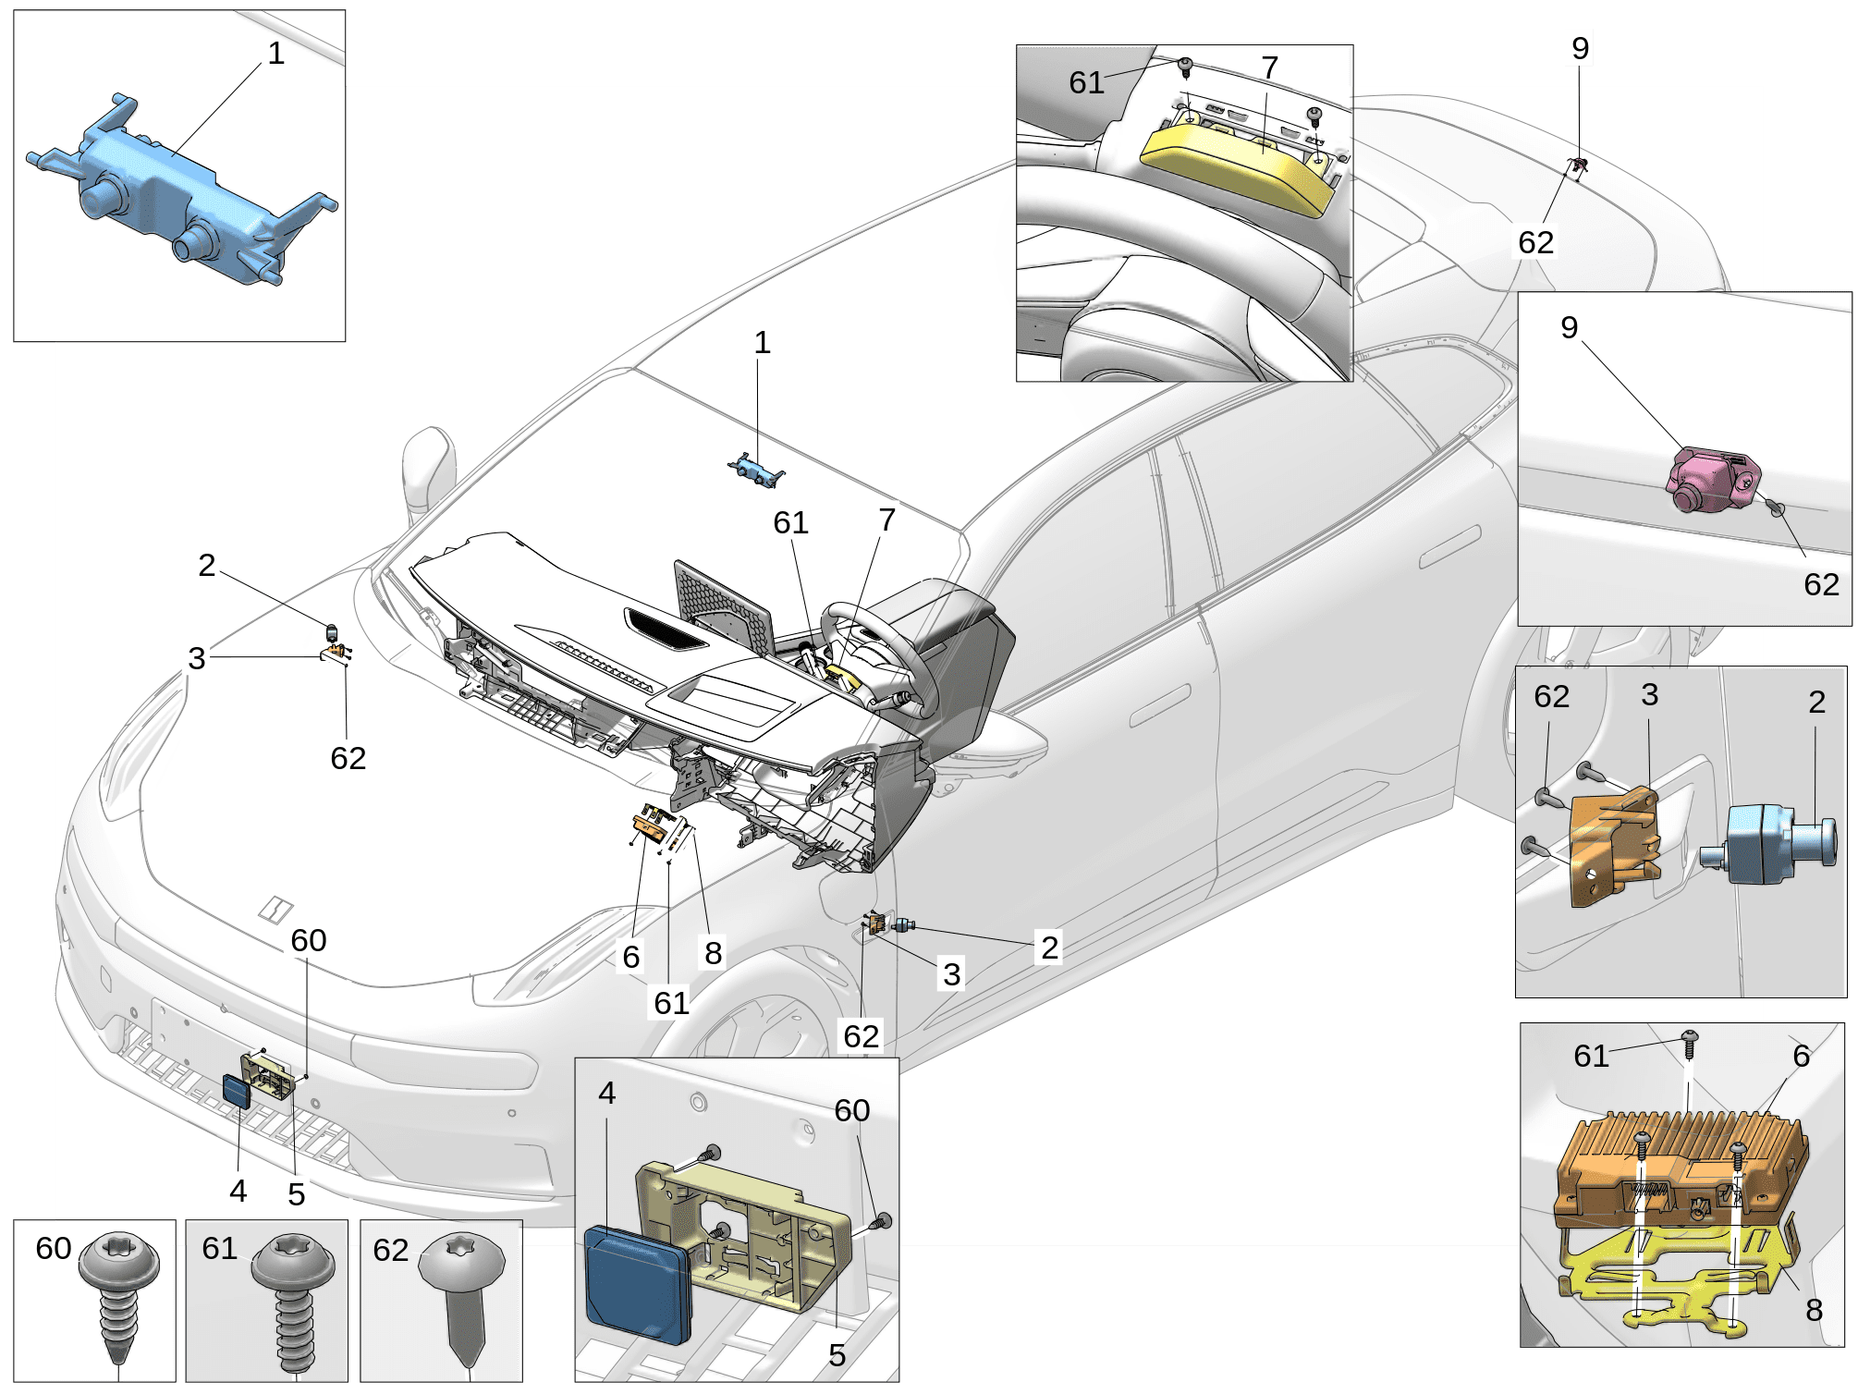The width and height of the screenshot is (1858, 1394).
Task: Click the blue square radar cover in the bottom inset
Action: tap(638, 1280)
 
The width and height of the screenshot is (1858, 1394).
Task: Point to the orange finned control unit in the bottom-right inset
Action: tap(1678, 1169)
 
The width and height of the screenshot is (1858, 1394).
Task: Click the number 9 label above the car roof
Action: tap(1580, 47)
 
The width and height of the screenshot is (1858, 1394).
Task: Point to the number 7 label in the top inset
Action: tap(1269, 67)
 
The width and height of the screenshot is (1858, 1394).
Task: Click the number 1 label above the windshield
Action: tap(762, 343)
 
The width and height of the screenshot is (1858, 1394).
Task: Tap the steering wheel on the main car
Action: tap(878, 656)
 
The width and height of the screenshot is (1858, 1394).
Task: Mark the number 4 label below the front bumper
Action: tap(238, 1191)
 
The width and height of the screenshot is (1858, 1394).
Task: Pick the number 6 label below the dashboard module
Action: tap(630, 957)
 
